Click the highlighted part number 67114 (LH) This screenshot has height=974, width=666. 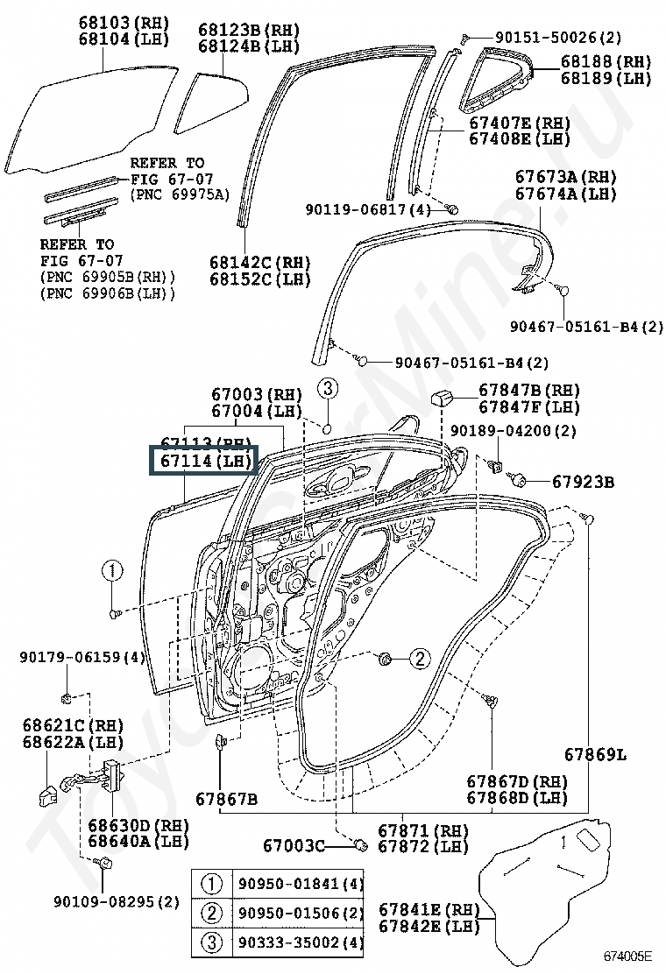point(204,461)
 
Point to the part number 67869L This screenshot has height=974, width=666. point(595,755)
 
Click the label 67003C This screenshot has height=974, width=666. point(294,845)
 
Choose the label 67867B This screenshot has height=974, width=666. point(226,799)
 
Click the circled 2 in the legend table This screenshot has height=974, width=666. point(211,913)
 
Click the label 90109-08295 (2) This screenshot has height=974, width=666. point(116,901)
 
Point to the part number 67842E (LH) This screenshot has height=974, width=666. point(429,926)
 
